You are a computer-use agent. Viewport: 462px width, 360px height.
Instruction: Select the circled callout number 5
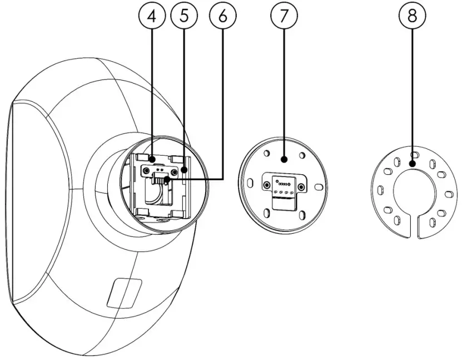point(185,16)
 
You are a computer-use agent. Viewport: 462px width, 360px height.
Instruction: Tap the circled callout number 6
point(223,16)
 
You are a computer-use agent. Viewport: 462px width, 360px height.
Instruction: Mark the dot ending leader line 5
point(185,170)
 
